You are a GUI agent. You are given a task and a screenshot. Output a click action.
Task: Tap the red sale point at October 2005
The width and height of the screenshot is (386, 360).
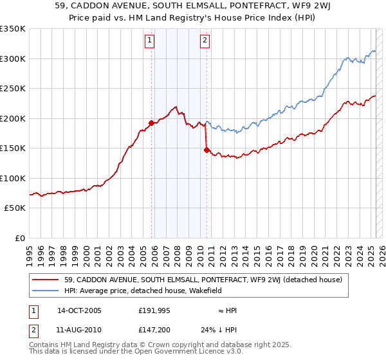coord(151,123)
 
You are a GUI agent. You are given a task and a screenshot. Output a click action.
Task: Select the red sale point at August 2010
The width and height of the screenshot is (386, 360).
coord(207,150)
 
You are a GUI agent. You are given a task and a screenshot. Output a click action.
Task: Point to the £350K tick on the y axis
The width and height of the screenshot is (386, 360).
coord(12,29)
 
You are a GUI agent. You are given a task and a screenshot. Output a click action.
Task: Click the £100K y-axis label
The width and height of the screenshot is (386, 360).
coord(12,178)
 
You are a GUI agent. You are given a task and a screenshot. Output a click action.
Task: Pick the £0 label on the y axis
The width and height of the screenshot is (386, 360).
coord(19,238)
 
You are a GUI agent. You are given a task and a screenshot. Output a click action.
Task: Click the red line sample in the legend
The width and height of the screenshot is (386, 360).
coord(46,280)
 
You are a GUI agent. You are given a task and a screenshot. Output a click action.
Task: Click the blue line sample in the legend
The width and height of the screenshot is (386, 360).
coord(46,291)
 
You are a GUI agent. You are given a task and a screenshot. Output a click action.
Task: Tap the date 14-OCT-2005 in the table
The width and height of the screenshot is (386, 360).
coord(79,310)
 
